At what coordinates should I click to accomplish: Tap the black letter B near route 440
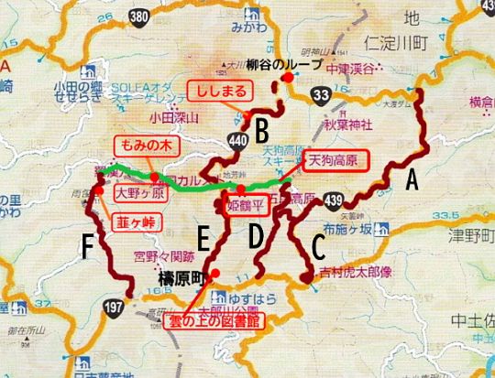[260, 126]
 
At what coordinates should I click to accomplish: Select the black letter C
[317, 244]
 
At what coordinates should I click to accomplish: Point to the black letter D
[256, 236]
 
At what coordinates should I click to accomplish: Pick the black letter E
[203, 239]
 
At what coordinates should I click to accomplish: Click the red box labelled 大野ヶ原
[137, 194]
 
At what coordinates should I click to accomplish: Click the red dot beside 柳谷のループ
[288, 78]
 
